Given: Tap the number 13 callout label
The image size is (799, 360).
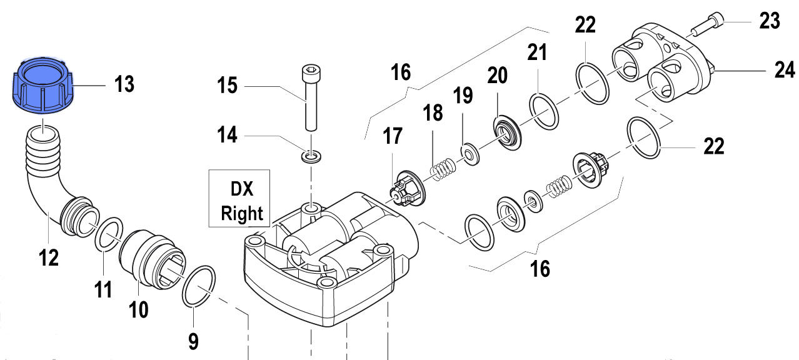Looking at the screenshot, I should tap(124, 84).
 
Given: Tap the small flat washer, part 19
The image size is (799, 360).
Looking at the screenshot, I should tap(467, 152).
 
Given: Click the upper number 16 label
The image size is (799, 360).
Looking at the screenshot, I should tap(401, 72).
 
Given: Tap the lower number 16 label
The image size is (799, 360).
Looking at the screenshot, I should tap(540, 269).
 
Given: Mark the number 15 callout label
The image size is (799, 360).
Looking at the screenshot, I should tap(228, 84).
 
